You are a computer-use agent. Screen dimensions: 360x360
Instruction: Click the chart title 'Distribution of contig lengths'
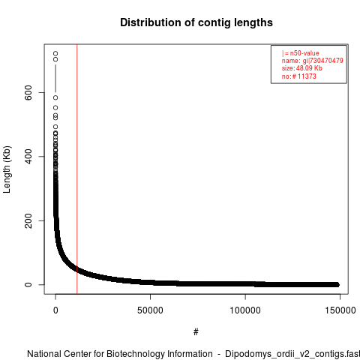(196, 22)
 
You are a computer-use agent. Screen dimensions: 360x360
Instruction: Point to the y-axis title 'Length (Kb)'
(7, 169)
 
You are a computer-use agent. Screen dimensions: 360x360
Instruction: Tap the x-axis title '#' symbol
(196, 332)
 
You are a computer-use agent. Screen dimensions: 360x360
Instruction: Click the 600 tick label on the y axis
(28, 92)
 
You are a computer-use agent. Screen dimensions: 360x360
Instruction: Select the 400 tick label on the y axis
(28, 157)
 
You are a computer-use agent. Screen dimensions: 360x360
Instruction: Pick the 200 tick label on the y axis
(28, 220)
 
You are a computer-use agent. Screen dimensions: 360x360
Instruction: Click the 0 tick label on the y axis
(28, 284)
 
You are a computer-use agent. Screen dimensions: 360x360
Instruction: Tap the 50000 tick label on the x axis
(150, 310)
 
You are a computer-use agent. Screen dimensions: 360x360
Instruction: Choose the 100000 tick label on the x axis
(245, 310)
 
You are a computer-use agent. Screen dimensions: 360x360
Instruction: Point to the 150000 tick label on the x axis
(340, 310)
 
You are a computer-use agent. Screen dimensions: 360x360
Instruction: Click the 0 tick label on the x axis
(55, 310)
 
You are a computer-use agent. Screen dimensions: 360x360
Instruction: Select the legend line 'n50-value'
(301, 53)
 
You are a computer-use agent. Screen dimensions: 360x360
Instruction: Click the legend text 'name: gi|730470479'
(313, 61)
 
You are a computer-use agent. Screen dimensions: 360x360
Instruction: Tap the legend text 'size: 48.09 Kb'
(302, 68)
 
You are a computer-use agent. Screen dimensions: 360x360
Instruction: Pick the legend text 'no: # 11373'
(299, 76)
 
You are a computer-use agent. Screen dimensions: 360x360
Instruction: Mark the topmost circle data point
(55, 53)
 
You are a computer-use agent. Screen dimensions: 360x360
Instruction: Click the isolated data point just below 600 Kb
(55, 97)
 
